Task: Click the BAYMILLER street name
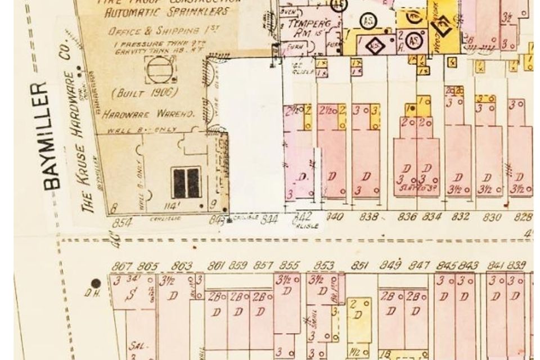pyautogui.click(x=51, y=135)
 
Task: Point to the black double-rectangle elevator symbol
pyautogui.click(x=186, y=183)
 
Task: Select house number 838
pyautogui.click(x=368, y=217)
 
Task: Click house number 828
pyautogui.click(x=523, y=217)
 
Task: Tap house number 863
pyautogui.click(x=182, y=266)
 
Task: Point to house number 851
pyautogui.click(x=359, y=266)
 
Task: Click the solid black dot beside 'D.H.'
pyautogui.click(x=96, y=283)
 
